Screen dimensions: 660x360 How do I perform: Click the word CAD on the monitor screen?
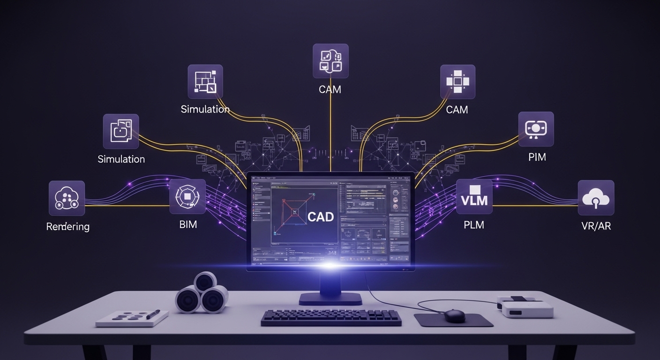tap(321, 217)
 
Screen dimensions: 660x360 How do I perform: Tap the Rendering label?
tap(67, 227)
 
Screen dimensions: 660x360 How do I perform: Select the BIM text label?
tap(188, 225)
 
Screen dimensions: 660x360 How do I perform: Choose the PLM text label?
tap(473, 225)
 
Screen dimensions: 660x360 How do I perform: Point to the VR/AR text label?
tap(595, 226)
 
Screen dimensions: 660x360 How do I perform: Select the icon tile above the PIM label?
tap(536, 129)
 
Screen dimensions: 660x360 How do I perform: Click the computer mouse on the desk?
tap(454, 315)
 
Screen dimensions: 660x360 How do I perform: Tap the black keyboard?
tap(331, 317)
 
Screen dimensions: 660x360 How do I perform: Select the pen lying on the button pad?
tap(153, 314)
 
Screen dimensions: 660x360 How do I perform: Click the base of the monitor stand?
tap(330, 298)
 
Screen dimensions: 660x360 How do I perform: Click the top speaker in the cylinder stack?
tap(205, 282)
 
